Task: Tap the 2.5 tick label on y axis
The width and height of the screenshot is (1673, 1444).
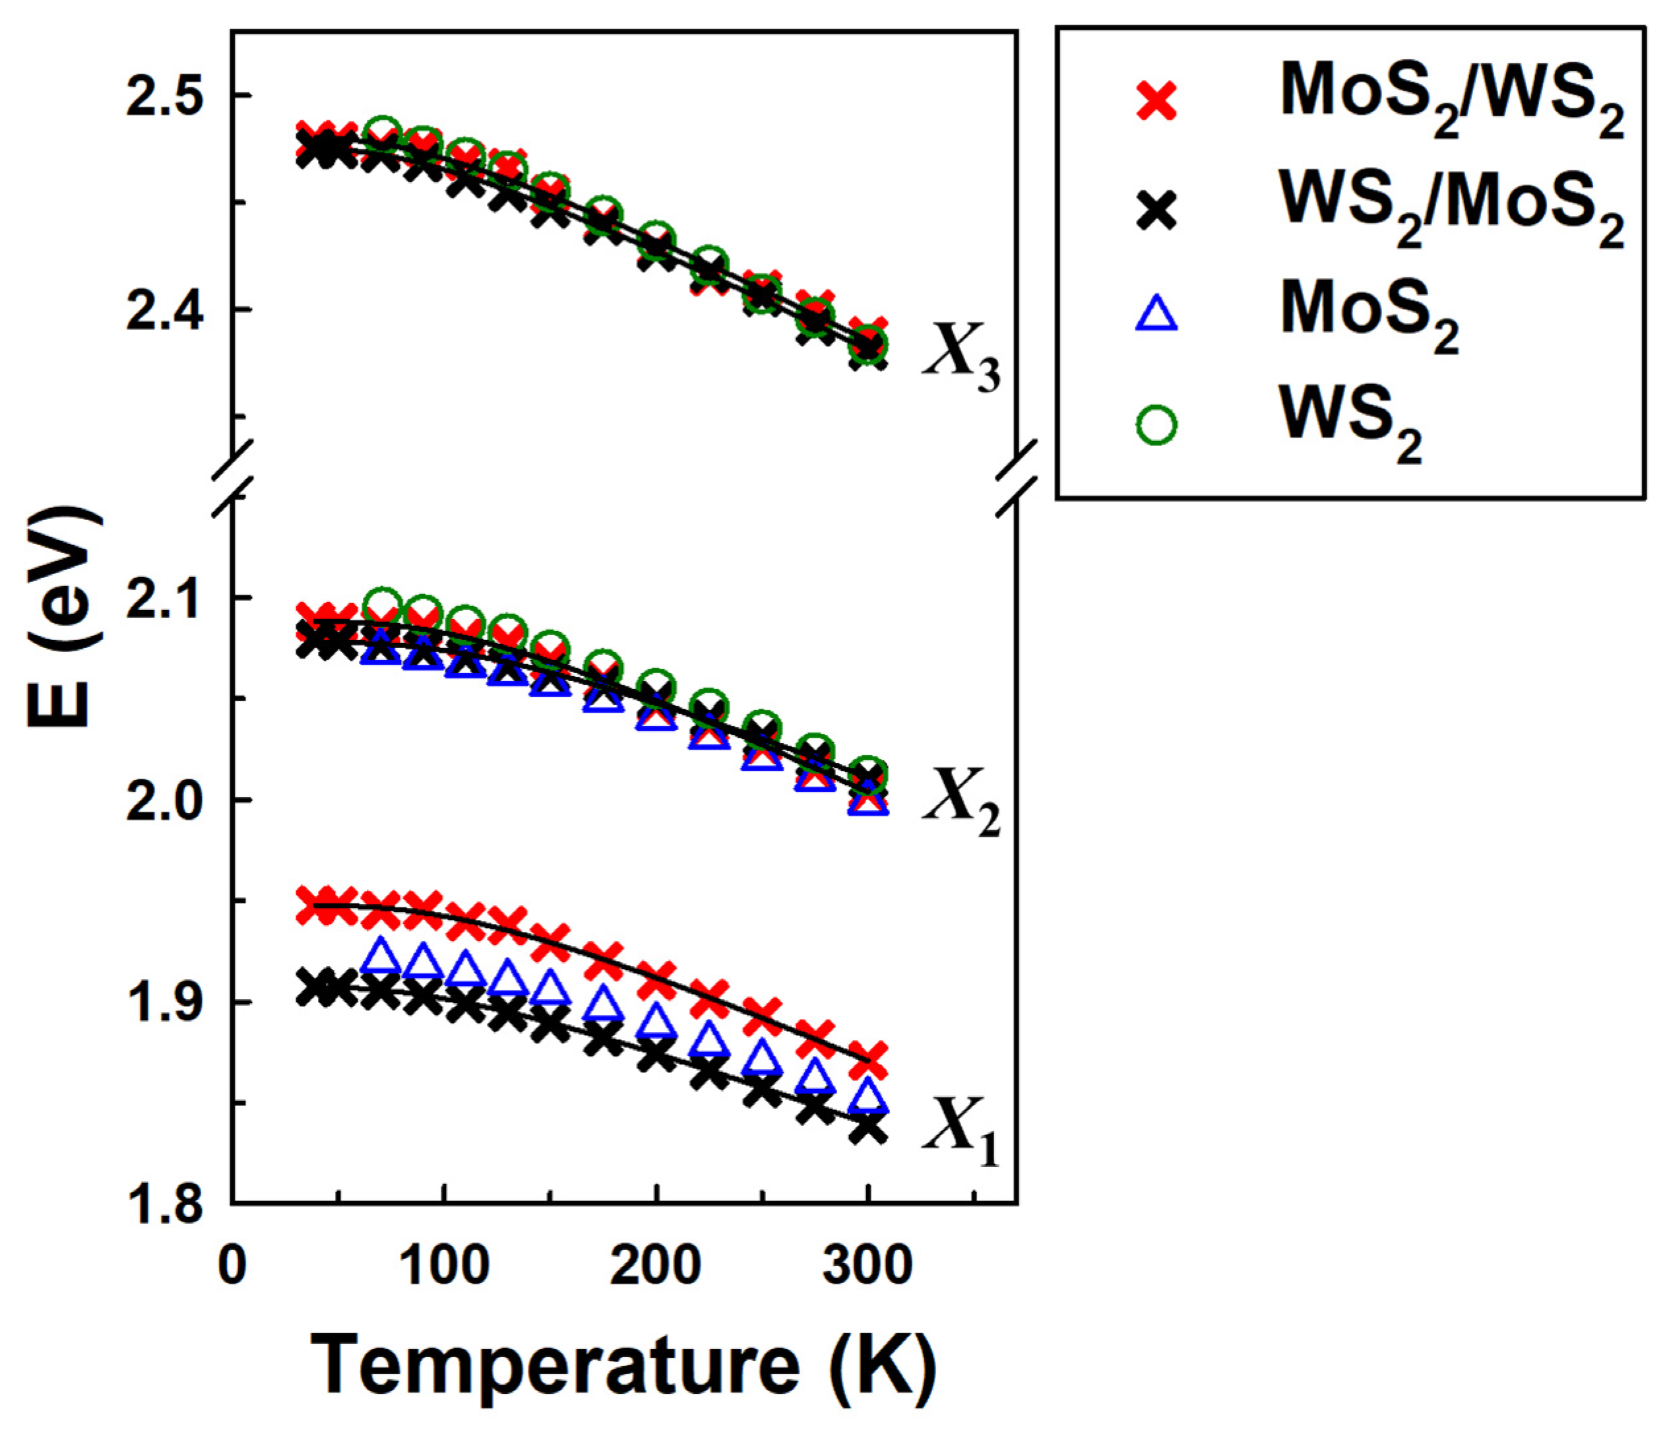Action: [165, 97]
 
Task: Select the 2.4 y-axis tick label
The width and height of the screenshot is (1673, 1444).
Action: [165, 310]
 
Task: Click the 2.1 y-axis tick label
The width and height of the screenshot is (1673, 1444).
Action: [165, 599]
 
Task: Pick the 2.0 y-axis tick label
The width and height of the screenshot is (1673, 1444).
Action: [165, 801]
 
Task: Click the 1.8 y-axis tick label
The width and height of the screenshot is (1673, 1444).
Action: [165, 1205]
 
